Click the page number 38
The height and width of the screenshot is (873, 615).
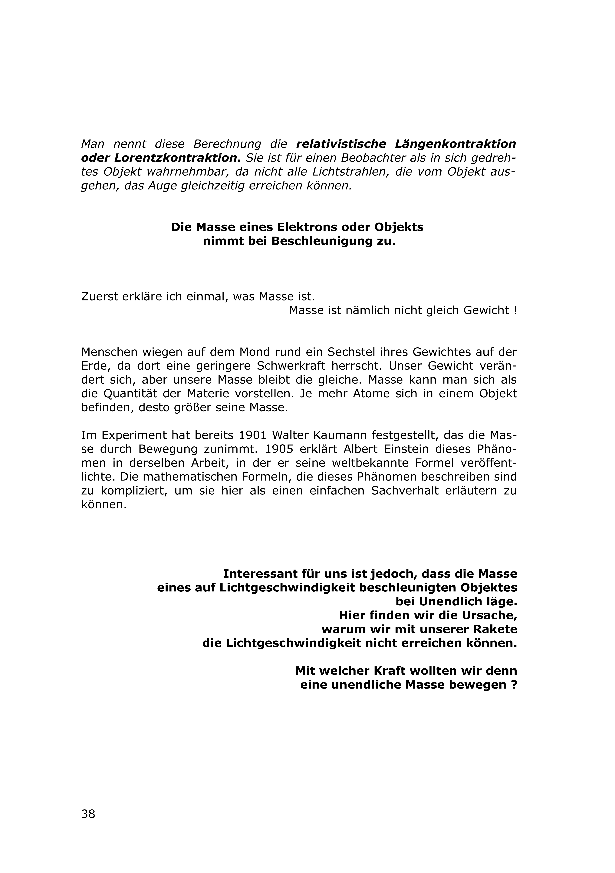[x=88, y=814]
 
